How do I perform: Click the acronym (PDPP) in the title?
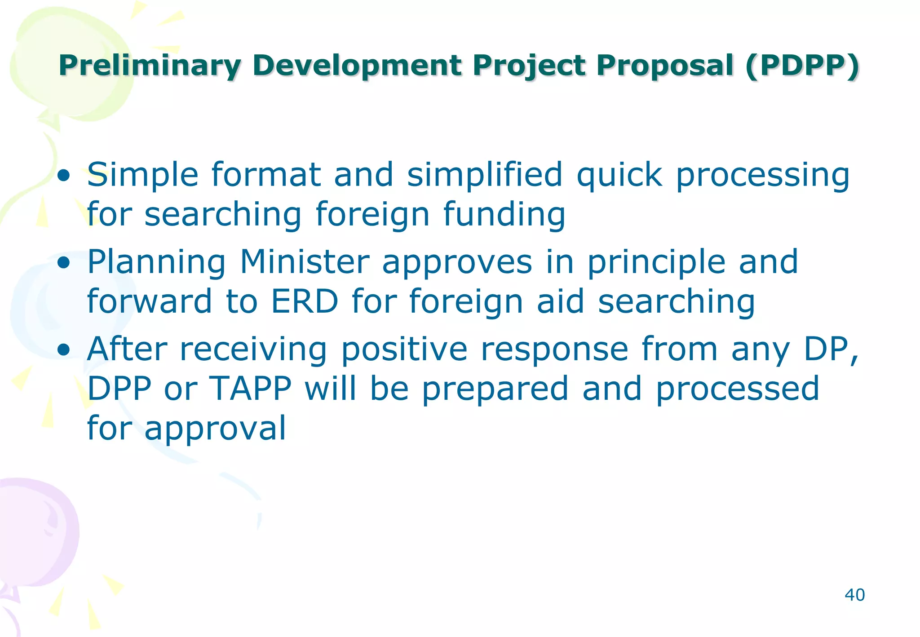pos(802,66)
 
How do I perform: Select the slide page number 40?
pos(854,595)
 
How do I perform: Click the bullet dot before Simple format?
pos(64,176)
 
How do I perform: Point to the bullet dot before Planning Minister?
pos(64,263)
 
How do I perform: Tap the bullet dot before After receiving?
pos(64,350)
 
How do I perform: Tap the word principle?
pos(656,262)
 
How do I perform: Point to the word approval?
pos(215,429)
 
